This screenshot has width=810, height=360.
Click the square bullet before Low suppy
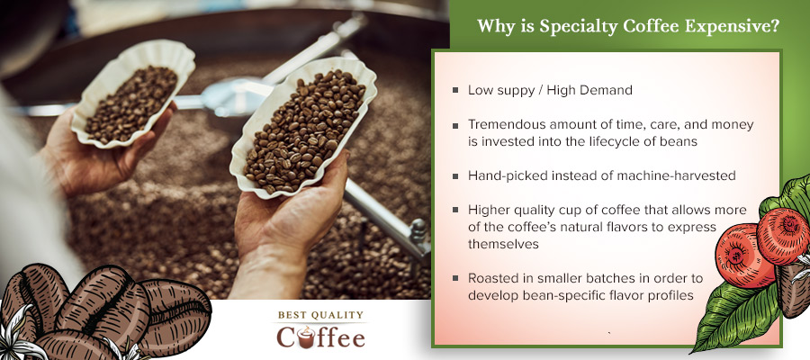[455, 90]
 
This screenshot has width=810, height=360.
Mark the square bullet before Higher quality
[455, 211]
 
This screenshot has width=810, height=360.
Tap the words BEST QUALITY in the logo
[320, 315]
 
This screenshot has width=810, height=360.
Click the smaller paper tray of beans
[131, 98]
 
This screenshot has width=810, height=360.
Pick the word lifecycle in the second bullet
[630, 140]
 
